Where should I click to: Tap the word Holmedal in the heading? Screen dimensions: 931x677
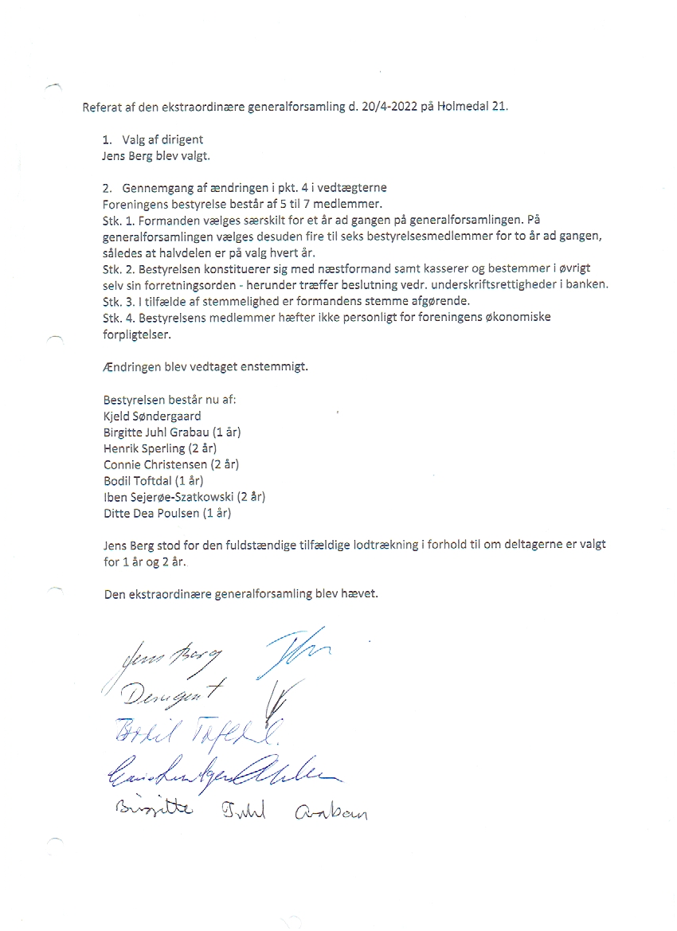click(x=464, y=107)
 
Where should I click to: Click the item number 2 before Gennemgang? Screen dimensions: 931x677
click(x=107, y=188)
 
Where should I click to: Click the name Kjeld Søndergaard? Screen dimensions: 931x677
click(x=152, y=416)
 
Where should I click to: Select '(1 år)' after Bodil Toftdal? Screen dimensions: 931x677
click(x=189, y=480)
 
